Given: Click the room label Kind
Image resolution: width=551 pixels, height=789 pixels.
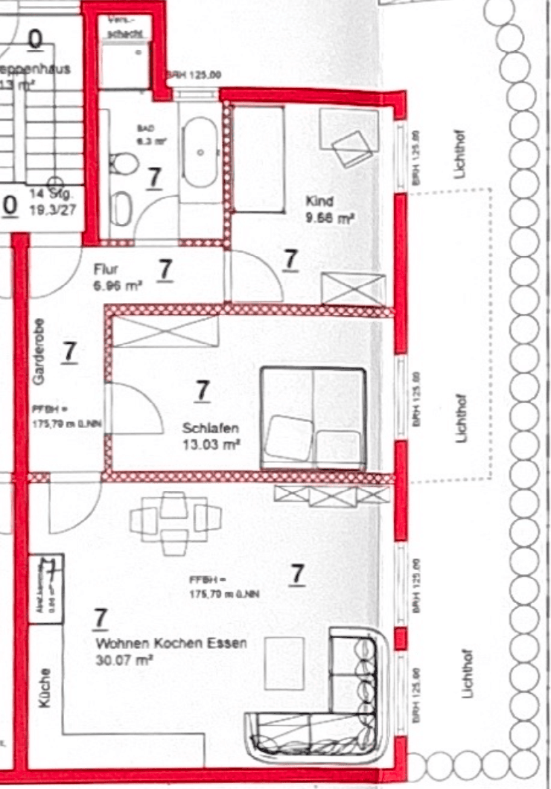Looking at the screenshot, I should point(319,201).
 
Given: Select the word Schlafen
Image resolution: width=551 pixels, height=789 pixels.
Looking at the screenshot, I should point(211,429).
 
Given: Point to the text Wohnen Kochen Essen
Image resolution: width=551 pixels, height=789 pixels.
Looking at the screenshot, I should point(171,643).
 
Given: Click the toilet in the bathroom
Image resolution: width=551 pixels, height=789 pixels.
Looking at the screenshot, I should point(124,162).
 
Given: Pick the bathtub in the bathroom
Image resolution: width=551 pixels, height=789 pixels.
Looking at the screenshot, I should point(201,153).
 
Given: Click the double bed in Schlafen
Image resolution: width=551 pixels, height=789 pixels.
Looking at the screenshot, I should point(313,418).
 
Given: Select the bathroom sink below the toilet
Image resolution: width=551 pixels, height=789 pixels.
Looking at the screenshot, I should point(121,208).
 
